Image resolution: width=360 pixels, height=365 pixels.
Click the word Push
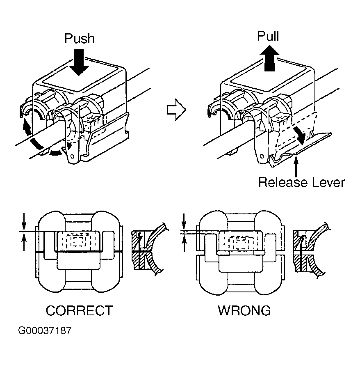click(x=80, y=39)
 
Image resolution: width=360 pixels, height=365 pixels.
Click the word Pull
click(x=268, y=36)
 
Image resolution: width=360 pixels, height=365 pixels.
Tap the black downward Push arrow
click(x=79, y=62)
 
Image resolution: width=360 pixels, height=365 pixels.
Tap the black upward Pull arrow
click(x=270, y=58)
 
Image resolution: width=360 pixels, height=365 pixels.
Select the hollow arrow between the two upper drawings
click(x=176, y=110)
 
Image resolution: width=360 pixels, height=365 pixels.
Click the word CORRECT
click(x=79, y=310)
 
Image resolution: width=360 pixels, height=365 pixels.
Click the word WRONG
click(x=244, y=310)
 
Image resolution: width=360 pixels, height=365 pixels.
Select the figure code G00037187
click(x=45, y=331)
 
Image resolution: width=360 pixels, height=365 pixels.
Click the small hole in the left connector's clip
click(x=72, y=156)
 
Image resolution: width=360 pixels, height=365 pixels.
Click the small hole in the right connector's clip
click(x=262, y=156)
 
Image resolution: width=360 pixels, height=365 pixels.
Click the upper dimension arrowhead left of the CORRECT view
click(x=24, y=226)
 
